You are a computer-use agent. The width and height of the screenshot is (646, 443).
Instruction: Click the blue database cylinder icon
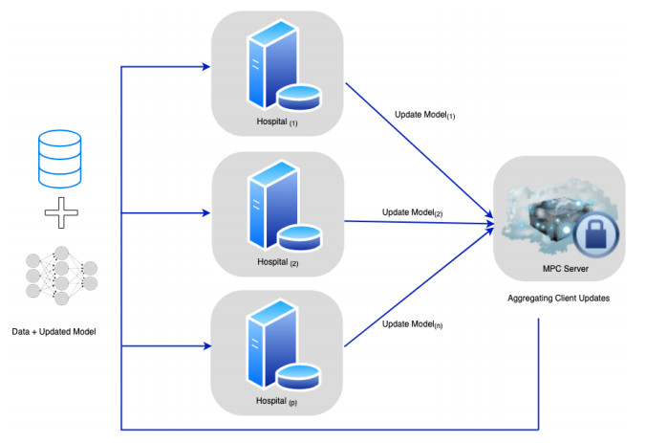pyautogui.click(x=57, y=160)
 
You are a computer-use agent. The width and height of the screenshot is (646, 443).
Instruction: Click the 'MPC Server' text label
pyautogui.click(x=560, y=270)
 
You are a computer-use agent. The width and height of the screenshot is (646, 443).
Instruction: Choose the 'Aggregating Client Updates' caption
pyautogui.click(x=559, y=299)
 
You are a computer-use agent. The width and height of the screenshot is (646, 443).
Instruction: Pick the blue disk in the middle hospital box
pyautogui.click(x=300, y=233)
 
